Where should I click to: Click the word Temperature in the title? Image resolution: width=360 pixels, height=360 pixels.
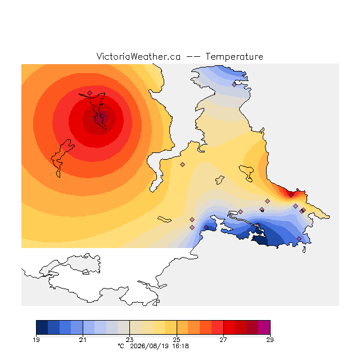click(234, 56)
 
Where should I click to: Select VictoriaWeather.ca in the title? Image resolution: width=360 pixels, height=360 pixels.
click(138, 56)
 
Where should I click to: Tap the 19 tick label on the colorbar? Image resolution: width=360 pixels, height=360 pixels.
click(36, 340)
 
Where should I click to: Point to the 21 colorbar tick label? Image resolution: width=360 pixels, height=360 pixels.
click(83, 340)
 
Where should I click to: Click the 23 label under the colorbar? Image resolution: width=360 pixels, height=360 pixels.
click(130, 340)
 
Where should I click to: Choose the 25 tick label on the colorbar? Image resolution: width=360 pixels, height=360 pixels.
click(177, 340)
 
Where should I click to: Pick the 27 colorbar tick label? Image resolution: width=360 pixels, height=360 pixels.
click(223, 340)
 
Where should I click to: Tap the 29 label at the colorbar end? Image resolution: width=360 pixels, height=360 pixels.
click(270, 340)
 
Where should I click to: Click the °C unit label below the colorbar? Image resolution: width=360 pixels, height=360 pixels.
click(121, 346)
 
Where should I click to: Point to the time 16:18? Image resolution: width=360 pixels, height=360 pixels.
click(181, 346)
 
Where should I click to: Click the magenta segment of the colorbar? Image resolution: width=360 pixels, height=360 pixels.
click(264, 327)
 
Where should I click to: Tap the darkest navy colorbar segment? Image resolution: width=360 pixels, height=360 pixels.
click(42, 327)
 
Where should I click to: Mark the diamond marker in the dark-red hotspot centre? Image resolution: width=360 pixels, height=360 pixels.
click(102, 116)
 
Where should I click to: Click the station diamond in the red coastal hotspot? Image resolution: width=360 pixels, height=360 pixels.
click(291, 195)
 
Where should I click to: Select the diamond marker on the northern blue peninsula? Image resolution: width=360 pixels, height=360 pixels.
click(234, 84)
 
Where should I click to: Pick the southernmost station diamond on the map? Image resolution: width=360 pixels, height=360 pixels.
click(299, 238)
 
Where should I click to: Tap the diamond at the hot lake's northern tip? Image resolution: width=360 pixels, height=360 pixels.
click(90, 93)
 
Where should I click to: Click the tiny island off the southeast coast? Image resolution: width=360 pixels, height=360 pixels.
click(304, 250)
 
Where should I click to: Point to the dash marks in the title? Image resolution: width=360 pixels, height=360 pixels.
click(193, 57)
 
